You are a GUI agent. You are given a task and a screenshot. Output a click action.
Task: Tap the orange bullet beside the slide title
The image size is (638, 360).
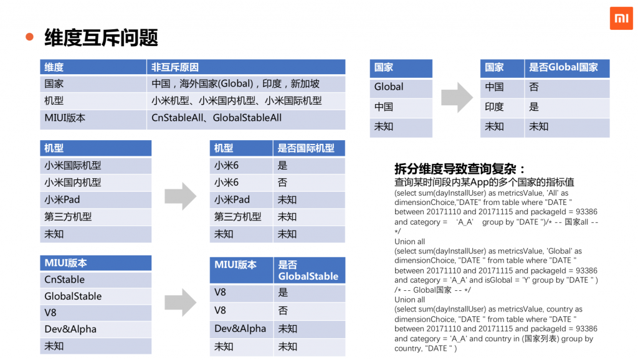pos(29,37)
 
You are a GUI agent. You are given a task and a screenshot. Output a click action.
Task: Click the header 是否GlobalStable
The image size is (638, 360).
pos(308,270)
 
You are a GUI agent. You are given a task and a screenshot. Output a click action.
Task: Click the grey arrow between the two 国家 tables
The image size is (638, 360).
pos(457,97)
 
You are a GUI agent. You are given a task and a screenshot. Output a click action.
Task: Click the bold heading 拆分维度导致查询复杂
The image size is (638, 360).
pos(460,169)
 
